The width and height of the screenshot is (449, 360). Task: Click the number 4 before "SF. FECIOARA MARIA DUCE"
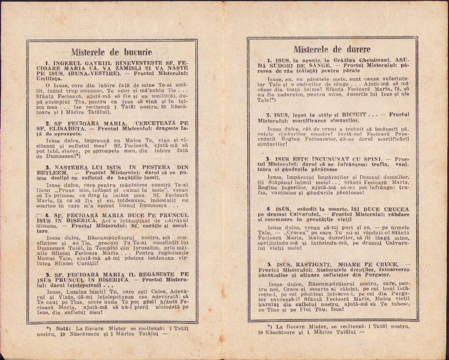point(47,214)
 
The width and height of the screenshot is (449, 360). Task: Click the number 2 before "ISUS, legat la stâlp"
point(268,115)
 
